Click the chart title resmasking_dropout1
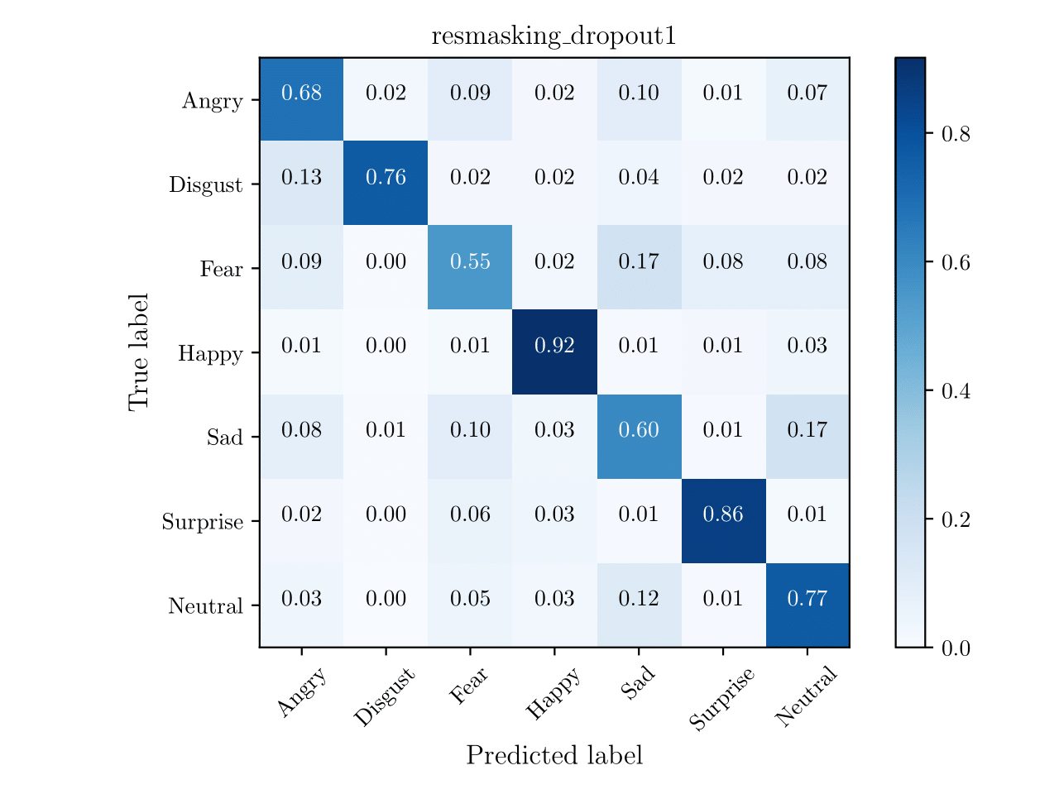(x=553, y=37)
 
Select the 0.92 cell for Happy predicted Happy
(x=554, y=346)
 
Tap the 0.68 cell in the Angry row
(x=301, y=93)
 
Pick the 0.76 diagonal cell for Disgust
(x=386, y=178)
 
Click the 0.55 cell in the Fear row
(x=470, y=262)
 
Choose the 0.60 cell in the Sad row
(x=639, y=430)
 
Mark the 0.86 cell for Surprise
(x=723, y=514)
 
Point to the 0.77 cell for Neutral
(x=807, y=599)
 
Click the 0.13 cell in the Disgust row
(x=301, y=178)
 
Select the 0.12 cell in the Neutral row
(x=639, y=599)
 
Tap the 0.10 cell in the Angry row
(x=639, y=93)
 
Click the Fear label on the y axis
(x=221, y=270)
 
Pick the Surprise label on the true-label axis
(x=203, y=523)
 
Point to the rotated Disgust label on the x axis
(x=384, y=700)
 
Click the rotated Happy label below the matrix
(x=553, y=696)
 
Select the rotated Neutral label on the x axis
(x=807, y=696)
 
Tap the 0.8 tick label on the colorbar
(x=956, y=134)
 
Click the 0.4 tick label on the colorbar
(x=956, y=391)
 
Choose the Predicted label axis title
(x=553, y=756)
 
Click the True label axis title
(x=139, y=352)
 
